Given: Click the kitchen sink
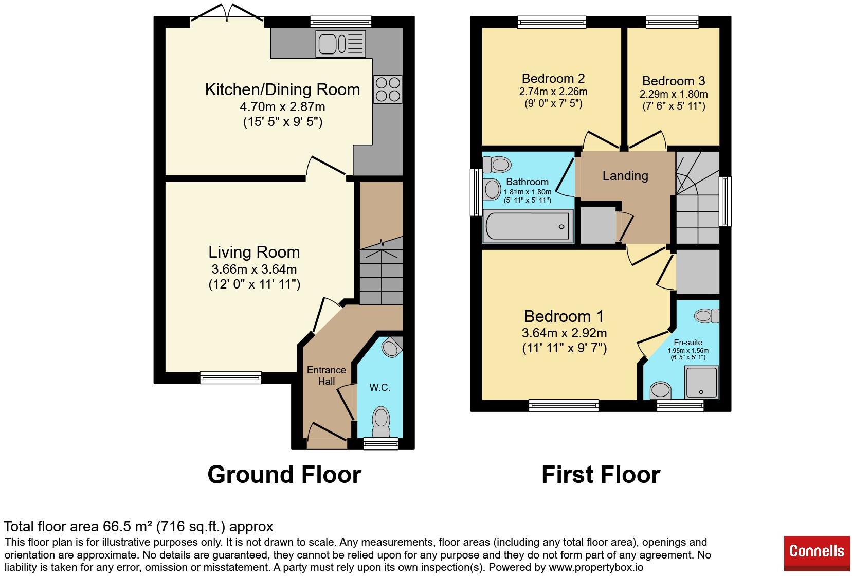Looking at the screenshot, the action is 341,43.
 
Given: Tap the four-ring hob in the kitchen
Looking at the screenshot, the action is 388,89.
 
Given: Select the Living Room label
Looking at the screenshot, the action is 254,252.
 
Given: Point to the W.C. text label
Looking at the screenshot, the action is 380,387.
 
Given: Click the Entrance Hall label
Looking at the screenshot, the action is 326,375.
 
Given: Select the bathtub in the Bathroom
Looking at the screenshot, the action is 528,227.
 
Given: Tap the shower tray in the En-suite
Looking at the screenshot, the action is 701,383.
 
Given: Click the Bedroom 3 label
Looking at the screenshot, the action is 674,81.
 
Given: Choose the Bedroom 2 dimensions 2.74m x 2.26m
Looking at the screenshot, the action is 553,92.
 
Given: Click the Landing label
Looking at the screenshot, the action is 625,176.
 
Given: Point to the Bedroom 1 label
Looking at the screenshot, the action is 564,316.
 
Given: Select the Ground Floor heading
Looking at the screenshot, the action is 284,474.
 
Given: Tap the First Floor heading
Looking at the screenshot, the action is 601,474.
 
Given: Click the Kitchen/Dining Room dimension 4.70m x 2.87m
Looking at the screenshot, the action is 282,107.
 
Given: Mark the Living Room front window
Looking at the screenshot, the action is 230,377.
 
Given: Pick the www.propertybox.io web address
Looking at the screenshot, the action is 596,568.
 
